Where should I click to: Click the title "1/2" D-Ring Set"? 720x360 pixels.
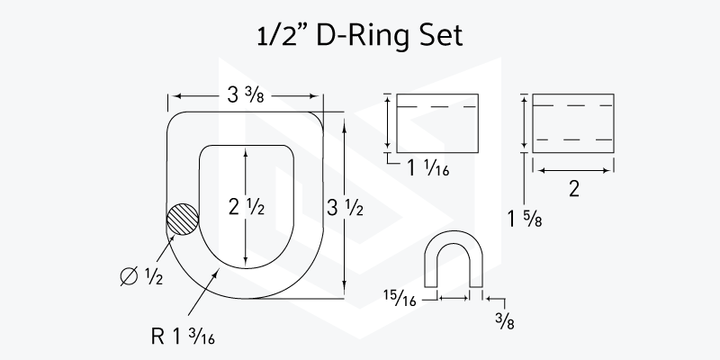359,36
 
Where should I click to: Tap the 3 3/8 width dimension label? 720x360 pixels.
246,95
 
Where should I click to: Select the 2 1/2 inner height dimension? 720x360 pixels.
247,208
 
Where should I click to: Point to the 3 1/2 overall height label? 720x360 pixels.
345,209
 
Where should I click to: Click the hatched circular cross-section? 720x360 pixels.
183,219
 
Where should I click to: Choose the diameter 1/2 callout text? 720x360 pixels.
141,275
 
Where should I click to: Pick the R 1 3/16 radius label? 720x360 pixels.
183,337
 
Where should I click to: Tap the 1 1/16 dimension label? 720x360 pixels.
428,168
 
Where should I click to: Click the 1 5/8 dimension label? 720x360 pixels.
525,220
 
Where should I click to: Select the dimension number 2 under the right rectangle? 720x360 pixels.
574,189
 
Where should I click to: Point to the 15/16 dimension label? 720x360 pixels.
400,298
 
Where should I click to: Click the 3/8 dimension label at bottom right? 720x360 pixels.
505,321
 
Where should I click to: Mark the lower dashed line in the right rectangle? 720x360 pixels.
574,139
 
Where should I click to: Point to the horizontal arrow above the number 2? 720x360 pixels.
574,171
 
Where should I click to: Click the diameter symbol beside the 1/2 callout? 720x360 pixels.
129,276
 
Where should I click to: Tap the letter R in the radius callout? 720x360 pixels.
157,337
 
